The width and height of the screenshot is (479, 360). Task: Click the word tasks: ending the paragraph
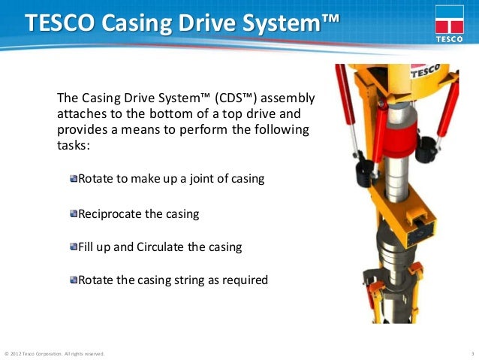74,146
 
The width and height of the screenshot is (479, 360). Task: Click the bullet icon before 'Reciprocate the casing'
74,214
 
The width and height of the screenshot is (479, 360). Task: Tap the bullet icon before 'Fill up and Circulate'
74,247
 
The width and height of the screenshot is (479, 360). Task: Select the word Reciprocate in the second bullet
110,214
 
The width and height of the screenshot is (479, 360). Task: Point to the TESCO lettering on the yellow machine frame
425,71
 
